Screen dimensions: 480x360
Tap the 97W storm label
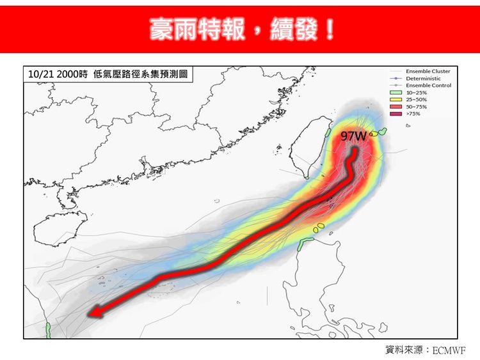tap(353, 137)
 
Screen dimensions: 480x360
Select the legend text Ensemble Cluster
tap(428, 71)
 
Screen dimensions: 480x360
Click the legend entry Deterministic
tap(423, 78)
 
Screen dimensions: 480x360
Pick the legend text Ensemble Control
tap(428, 85)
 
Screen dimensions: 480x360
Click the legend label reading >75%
tap(413, 114)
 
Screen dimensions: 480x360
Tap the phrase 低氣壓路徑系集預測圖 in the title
tap(140, 74)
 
